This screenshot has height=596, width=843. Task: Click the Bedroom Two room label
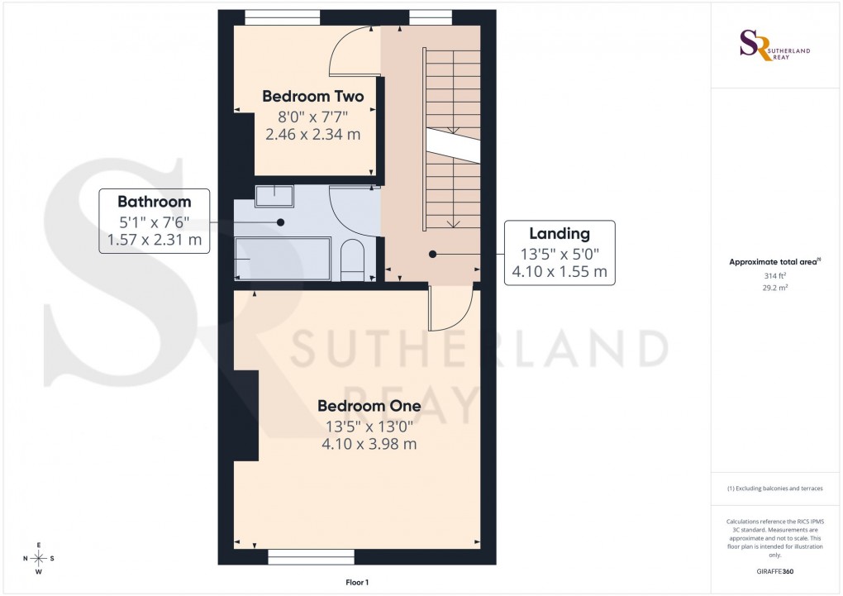pos(312,97)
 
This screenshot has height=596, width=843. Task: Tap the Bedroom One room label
pos(369,406)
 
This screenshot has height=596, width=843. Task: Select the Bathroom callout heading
pos(154,202)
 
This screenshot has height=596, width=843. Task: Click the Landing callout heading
pos(560,234)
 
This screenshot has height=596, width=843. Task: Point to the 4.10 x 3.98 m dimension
pos(369,444)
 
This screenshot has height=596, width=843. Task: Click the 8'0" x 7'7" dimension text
pos(312,116)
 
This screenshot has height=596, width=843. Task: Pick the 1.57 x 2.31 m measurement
pos(154,240)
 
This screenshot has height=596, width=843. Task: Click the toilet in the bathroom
pos(351,259)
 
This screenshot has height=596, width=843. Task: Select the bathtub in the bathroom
pos(282,259)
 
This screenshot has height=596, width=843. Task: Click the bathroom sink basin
pos(274,196)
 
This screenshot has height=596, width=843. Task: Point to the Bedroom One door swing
pos(450,308)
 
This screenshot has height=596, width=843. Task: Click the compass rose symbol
pos(39,558)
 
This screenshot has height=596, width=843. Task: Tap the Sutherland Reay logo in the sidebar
pos(774,45)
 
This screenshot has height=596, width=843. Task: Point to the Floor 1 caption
pos(357,582)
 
